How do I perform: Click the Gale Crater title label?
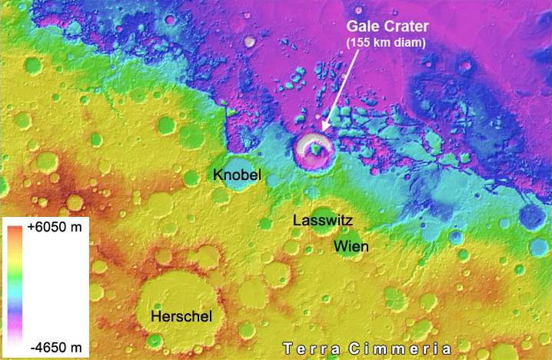coord(387,27)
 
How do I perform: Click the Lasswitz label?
coord(322,221)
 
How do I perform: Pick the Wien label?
coord(350,247)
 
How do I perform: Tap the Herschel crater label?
coord(181,316)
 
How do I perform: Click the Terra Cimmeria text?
coord(366,348)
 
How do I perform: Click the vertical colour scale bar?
coord(16,288)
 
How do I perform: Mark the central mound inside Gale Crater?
coord(316,152)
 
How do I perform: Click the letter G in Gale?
coord(350,27)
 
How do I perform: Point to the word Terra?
coord(310,348)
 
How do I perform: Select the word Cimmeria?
coord(397,348)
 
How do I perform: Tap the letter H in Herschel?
coord(154,316)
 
